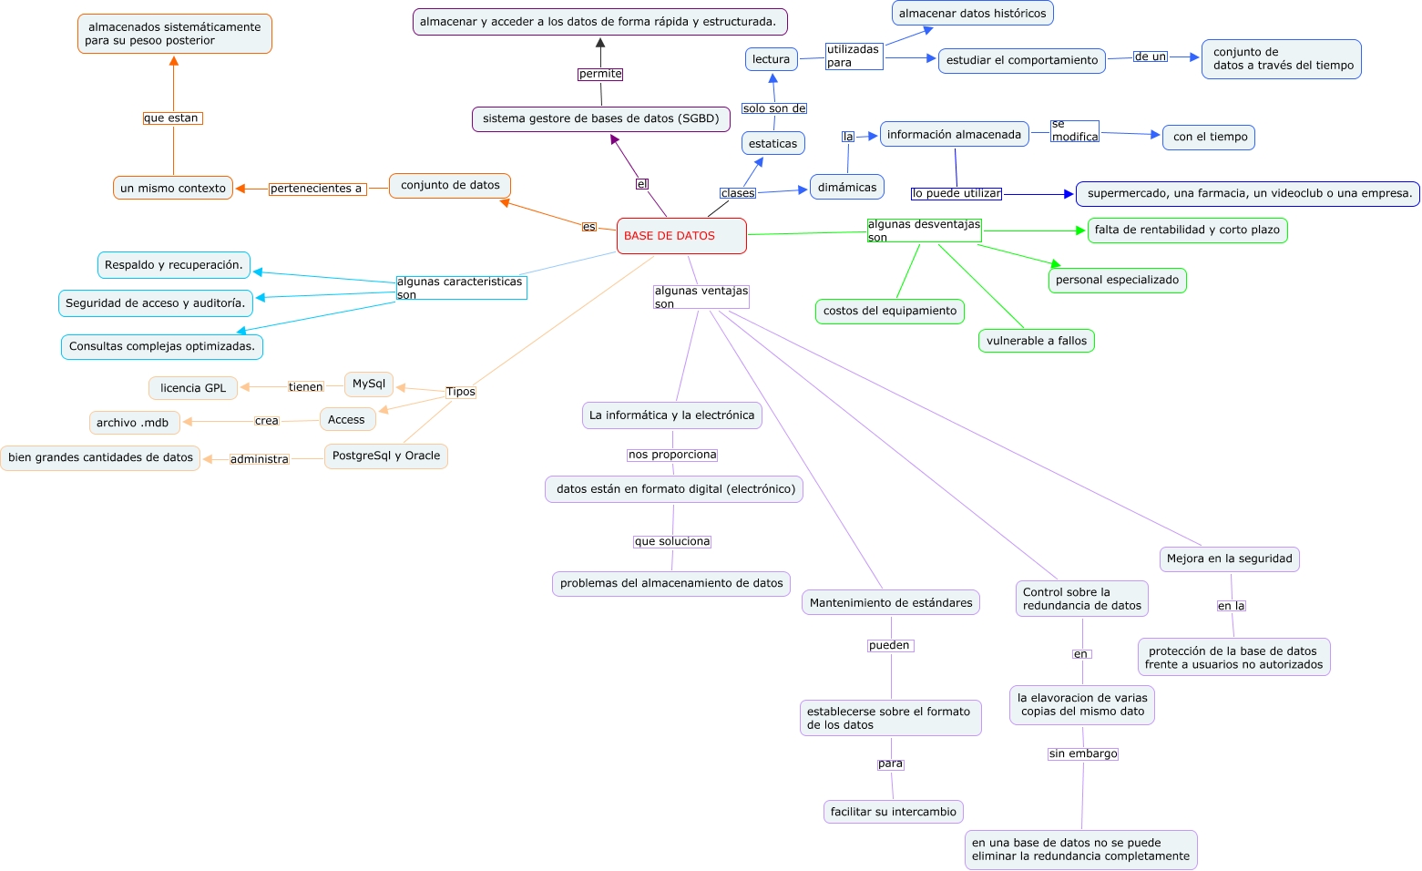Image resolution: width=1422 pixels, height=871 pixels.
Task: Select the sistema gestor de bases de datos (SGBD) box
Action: point(600,118)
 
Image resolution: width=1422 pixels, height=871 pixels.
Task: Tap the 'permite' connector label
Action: point(600,74)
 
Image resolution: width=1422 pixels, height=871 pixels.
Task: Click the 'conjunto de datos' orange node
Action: point(450,185)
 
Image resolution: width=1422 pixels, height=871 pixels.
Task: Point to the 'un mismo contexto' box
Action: point(173,188)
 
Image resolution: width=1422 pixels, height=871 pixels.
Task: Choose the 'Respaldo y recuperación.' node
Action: point(174,265)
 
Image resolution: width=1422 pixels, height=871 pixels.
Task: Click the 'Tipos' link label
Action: point(460,392)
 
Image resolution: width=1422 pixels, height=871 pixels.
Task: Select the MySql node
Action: point(369,384)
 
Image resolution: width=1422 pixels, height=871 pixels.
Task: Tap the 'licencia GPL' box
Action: point(193,388)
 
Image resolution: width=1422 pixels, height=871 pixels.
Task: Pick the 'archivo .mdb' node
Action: point(133,423)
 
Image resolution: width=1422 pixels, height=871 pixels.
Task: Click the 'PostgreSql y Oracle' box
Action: point(386,456)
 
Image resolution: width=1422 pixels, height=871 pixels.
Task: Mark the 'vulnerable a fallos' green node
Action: point(1037,341)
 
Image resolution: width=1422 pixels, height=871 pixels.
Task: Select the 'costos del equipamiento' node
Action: point(890,311)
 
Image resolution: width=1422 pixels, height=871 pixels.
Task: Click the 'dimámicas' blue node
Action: point(847,187)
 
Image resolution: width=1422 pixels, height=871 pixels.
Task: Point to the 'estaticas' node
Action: point(772,143)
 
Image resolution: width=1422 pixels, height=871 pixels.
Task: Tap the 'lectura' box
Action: point(771,59)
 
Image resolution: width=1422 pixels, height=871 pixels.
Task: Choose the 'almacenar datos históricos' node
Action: point(973,13)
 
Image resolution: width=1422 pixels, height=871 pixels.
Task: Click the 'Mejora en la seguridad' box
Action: point(1229,558)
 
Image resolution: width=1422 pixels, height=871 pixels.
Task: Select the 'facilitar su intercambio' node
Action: point(893,812)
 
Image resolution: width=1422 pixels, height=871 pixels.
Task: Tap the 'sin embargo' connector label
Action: point(1083,753)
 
